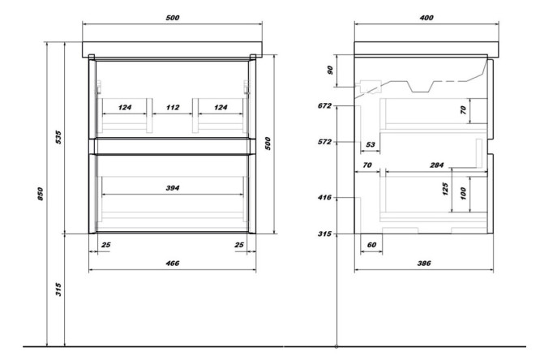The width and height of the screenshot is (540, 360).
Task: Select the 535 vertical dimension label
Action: pyautogui.click(x=58, y=138)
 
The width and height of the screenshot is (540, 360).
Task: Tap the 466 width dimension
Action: pyautogui.click(x=172, y=263)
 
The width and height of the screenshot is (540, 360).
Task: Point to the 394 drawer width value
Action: pyautogui.click(x=172, y=188)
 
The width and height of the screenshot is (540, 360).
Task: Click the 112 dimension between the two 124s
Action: pyautogui.click(x=172, y=107)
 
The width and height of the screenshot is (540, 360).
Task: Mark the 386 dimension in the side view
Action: pyautogui.click(x=423, y=263)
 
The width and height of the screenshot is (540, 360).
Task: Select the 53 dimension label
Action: pyautogui.click(x=371, y=146)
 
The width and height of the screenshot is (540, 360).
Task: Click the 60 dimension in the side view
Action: pyautogui.click(x=372, y=243)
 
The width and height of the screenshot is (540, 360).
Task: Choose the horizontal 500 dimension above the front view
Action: pyautogui.click(x=172, y=18)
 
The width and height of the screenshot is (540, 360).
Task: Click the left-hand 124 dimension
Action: pyautogui.click(x=125, y=107)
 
